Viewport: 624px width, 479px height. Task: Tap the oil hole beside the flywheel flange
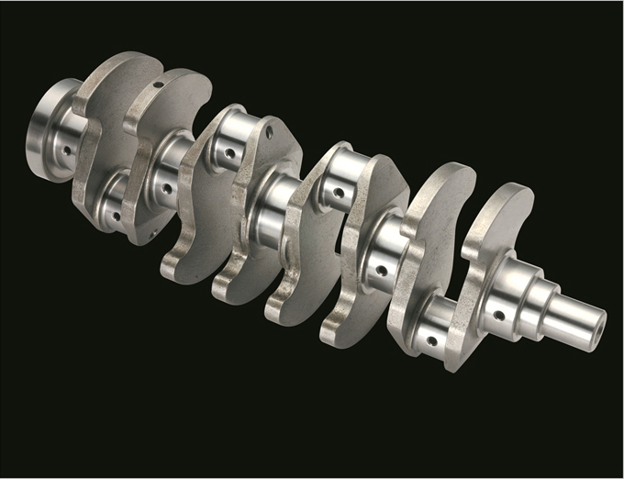tap(70, 146)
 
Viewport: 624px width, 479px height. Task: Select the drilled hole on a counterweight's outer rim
tap(158, 84)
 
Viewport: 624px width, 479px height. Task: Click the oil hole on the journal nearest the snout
tap(498, 315)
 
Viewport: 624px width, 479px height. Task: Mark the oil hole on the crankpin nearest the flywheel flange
tap(117, 217)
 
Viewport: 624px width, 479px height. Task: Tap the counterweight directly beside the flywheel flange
tap(101, 138)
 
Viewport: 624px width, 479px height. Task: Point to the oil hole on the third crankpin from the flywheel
tap(339, 194)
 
